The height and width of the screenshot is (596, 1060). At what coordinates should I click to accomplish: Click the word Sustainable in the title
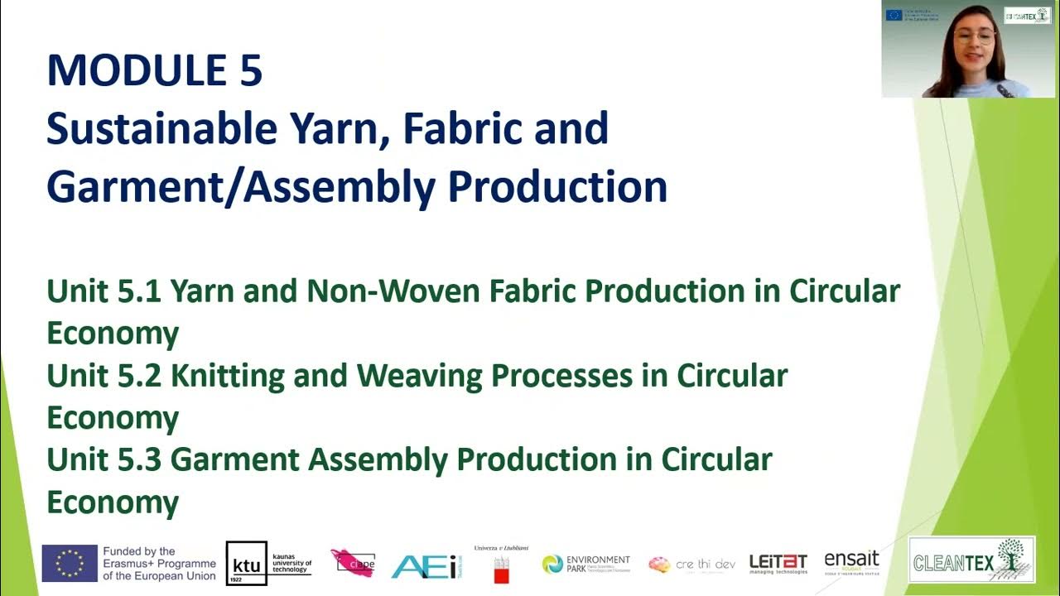[161, 129]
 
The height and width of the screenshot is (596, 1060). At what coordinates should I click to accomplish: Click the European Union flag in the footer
[70, 564]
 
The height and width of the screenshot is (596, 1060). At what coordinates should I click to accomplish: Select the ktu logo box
[247, 564]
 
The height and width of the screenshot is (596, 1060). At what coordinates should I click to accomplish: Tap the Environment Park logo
[586, 564]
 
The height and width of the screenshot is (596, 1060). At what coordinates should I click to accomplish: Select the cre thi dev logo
[692, 565]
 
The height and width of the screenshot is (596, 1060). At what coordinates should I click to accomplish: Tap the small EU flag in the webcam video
[893, 14]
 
